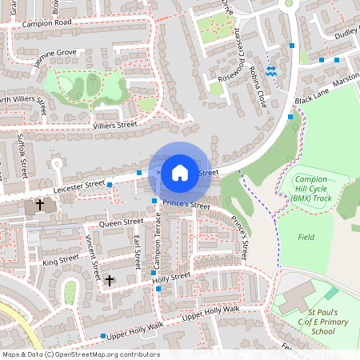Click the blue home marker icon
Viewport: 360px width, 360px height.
point(180,172)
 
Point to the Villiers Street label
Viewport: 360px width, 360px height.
point(115,126)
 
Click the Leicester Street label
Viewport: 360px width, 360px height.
point(78,185)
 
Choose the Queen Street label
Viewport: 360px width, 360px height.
point(121,222)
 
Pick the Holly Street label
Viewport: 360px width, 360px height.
point(171,277)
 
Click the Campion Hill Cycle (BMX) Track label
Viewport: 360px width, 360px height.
point(312,188)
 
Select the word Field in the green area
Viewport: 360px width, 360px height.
point(306,237)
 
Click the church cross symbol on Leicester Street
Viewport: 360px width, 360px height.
point(39,206)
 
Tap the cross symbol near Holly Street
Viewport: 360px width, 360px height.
point(110,280)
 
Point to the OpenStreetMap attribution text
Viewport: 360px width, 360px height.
point(80,354)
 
